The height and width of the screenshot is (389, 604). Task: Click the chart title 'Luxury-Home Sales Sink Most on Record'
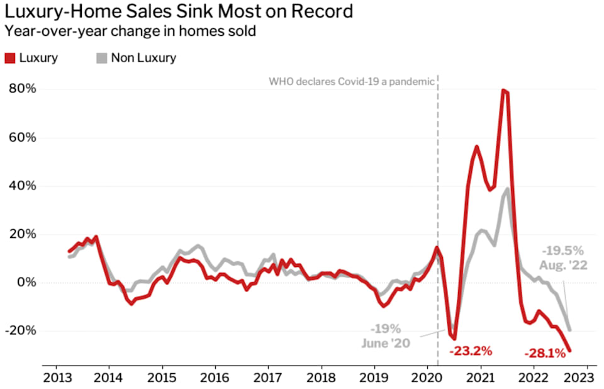tap(179, 11)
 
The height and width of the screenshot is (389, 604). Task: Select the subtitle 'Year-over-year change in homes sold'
tap(130, 31)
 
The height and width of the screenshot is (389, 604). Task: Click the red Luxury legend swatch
tap(10, 58)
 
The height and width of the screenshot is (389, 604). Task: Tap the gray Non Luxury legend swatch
tap(101, 58)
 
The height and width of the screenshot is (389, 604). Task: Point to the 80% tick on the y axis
tap(22, 89)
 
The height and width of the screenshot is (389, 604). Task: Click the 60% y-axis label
tap(22, 137)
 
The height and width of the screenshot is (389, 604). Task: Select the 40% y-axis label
tap(22, 186)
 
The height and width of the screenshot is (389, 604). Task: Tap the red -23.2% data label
tap(471, 351)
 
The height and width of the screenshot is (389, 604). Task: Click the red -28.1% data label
tap(545, 353)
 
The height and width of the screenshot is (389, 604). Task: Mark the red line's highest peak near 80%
tap(505, 91)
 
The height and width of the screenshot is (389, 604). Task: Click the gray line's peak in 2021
tap(507, 189)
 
